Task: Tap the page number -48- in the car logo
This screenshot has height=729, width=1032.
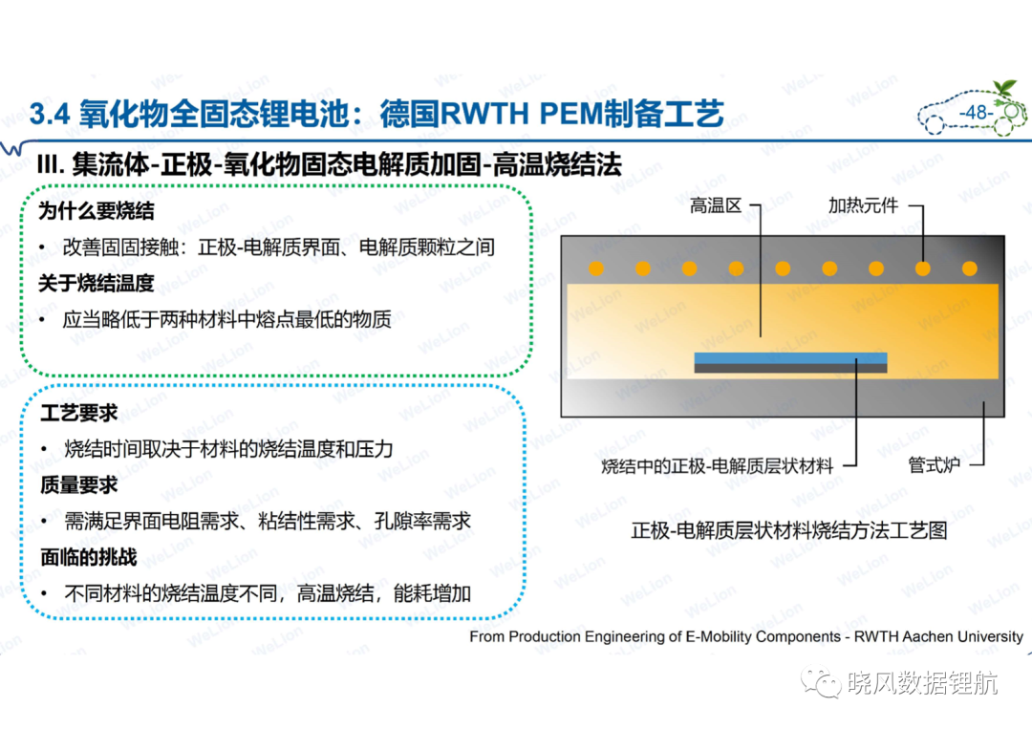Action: coord(976,113)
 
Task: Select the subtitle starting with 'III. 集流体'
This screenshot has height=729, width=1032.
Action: coord(329,164)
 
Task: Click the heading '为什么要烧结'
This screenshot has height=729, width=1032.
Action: coord(97,211)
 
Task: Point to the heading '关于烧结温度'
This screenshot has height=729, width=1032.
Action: coord(97,284)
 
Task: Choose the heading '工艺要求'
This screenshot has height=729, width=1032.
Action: coord(79,413)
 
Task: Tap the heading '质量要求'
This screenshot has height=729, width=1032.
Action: coord(79,485)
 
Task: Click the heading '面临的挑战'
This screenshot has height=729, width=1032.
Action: coord(89,557)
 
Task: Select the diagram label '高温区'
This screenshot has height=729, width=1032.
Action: coord(716,206)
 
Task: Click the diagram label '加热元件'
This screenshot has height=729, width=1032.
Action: coord(863,206)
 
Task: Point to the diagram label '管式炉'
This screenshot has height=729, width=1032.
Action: coord(934,465)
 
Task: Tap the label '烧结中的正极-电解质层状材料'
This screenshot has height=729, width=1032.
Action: coord(718,466)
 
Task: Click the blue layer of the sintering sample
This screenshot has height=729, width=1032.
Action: coord(790,358)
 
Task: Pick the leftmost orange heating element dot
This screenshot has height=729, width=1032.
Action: coord(595,268)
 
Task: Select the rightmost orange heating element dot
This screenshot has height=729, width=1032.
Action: coord(970,268)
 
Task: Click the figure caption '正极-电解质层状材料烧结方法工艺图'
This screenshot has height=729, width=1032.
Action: coord(789,530)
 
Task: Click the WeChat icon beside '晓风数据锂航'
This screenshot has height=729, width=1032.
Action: coord(820,683)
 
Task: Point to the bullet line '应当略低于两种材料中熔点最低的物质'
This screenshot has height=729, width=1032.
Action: coord(227,320)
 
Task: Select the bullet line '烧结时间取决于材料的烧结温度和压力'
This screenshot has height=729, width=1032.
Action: coord(228,449)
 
